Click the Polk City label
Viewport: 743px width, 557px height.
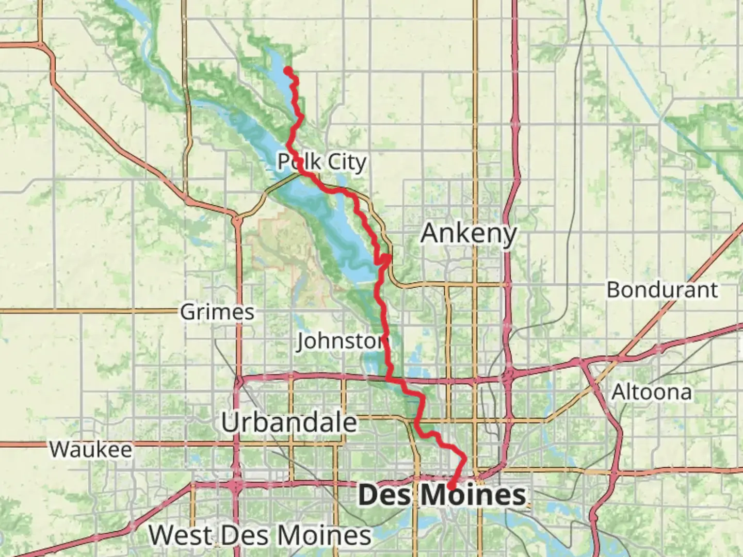coord(322,162)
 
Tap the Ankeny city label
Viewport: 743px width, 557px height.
coord(468,234)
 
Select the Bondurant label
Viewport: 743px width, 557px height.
coord(661,290)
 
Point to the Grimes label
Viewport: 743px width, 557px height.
coord(217,312)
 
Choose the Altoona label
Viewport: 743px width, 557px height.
coord(651,392)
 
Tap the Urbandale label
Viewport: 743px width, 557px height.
coord(289,423)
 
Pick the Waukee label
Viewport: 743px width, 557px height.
coord(91,449)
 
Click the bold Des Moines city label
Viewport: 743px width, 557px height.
coord(442,496)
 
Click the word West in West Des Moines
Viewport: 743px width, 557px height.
coord(178,535)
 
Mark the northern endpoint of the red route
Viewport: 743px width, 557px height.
coord(288,70)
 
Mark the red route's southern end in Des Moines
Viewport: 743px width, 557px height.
coord(450,486)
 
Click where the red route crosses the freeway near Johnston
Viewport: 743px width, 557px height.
coord(388,379)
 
